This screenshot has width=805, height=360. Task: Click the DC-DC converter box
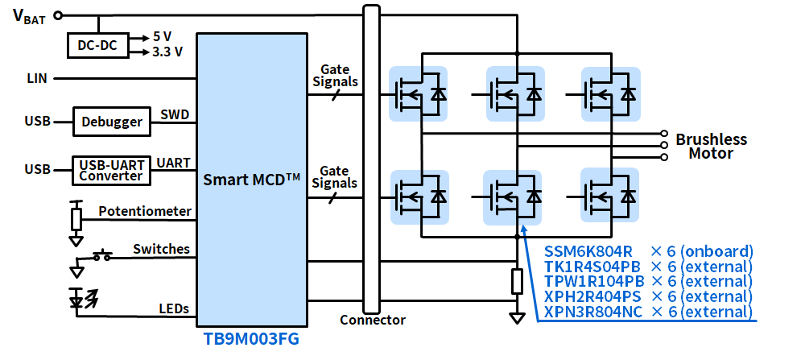[97, 47]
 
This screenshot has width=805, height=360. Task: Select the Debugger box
[113, 122]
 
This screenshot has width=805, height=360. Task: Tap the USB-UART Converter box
[111, 170]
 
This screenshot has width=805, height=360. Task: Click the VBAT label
[30, 15]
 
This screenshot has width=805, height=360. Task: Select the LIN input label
[37, 78]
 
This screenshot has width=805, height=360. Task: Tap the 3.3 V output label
[167, 52]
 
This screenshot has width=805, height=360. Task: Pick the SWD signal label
[175, 114]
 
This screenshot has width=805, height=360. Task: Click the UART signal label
[174, 163]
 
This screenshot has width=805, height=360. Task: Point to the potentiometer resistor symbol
[76, 218]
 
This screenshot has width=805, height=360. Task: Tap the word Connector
[372, 320]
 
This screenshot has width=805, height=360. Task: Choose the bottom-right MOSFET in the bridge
[609, 196]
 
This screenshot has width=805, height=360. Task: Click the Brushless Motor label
[711, 146]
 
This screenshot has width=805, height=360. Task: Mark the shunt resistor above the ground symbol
[517, 281]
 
